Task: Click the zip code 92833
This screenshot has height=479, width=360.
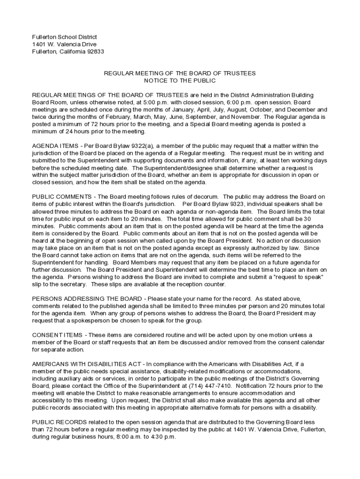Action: pos(95,51)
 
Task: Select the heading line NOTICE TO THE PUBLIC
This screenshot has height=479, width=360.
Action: pos(180,81)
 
